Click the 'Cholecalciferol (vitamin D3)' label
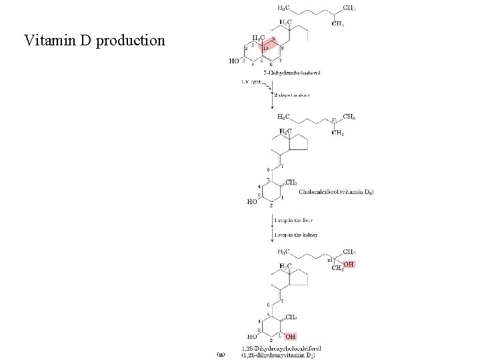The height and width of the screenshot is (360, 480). [x=336, y=192]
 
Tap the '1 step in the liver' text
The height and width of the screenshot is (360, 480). [x=294, y=219]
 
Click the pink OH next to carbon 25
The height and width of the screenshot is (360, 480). [x=348, y=265]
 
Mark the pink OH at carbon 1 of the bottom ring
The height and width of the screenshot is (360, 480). [x=291, y=337]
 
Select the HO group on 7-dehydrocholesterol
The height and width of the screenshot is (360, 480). [x=234, y=61]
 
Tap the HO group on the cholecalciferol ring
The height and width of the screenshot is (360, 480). [x=253, y=201]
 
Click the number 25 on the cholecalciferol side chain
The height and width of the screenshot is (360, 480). [x=334, y=121]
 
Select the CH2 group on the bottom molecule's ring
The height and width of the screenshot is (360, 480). [x=291, y=317]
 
